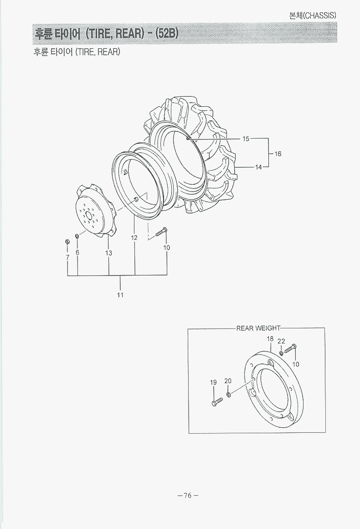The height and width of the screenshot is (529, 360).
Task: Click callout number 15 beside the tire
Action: (x=246, y=139)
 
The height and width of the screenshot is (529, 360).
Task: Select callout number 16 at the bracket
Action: (x=278, y=154)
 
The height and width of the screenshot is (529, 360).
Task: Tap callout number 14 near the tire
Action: (x=258, y=167)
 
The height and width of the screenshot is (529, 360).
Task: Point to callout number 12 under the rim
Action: (x=134, y=238)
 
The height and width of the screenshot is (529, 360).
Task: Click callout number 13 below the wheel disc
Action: (x=109, y=253)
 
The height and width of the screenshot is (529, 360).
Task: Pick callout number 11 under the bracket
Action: (x=120, y=295)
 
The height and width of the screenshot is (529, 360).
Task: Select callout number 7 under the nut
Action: (x=67, y=258)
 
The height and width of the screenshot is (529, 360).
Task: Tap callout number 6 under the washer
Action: (x=77, y=252)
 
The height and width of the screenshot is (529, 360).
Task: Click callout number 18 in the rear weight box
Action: (x=270, y=339)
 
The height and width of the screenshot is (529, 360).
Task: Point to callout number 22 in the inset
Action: (x=281, y=341)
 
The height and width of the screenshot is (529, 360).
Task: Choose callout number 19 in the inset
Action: (x=213, y=382)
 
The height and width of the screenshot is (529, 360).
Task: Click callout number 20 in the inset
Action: (x=228, y=380)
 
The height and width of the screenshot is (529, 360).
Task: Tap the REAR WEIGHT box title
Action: (x=258, y=328)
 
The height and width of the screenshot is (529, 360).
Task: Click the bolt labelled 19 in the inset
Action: (x=217, y=402)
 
